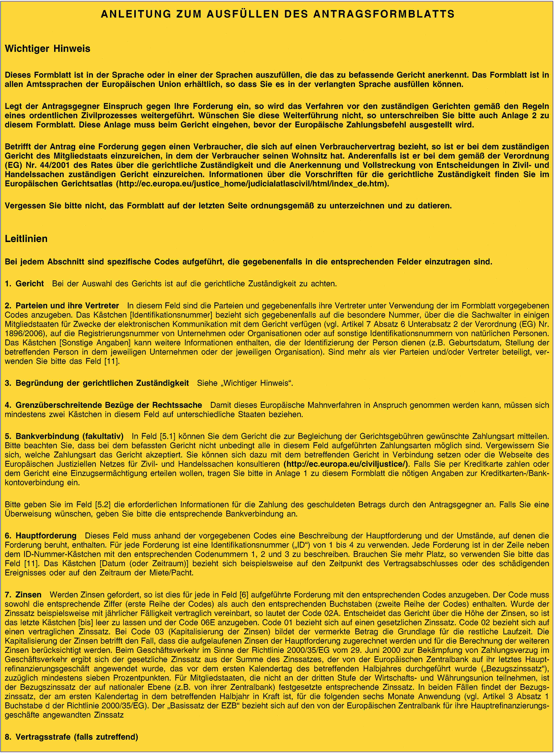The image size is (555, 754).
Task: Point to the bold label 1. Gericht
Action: click(x=25, y=284)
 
